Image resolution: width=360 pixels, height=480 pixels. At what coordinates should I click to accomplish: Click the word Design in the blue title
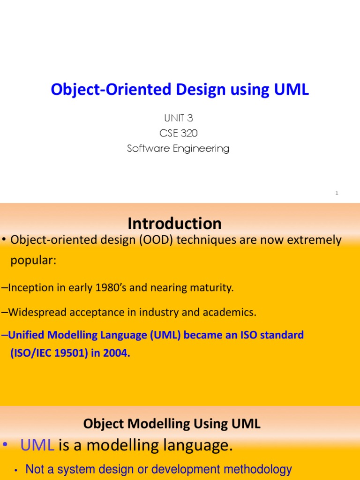click(x=201, y=90)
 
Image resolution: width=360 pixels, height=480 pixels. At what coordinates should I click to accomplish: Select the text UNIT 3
click(x=179, y=118)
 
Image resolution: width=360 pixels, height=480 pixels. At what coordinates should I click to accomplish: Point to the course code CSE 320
click(x=179, y=133)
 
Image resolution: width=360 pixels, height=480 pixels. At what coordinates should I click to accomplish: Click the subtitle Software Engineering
click(x=178, y=149)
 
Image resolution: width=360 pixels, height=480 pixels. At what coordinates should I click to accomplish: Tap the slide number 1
click(x=337, y=193)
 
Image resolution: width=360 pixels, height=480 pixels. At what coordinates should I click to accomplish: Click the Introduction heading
click(x=174, y=224)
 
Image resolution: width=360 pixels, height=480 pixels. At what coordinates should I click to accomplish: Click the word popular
click(x=33, y=261)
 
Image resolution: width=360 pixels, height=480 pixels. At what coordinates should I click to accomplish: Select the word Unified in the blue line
click(x=26, y=335)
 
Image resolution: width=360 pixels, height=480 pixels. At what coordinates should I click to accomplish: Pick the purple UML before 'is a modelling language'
click(x=37, y=445)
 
